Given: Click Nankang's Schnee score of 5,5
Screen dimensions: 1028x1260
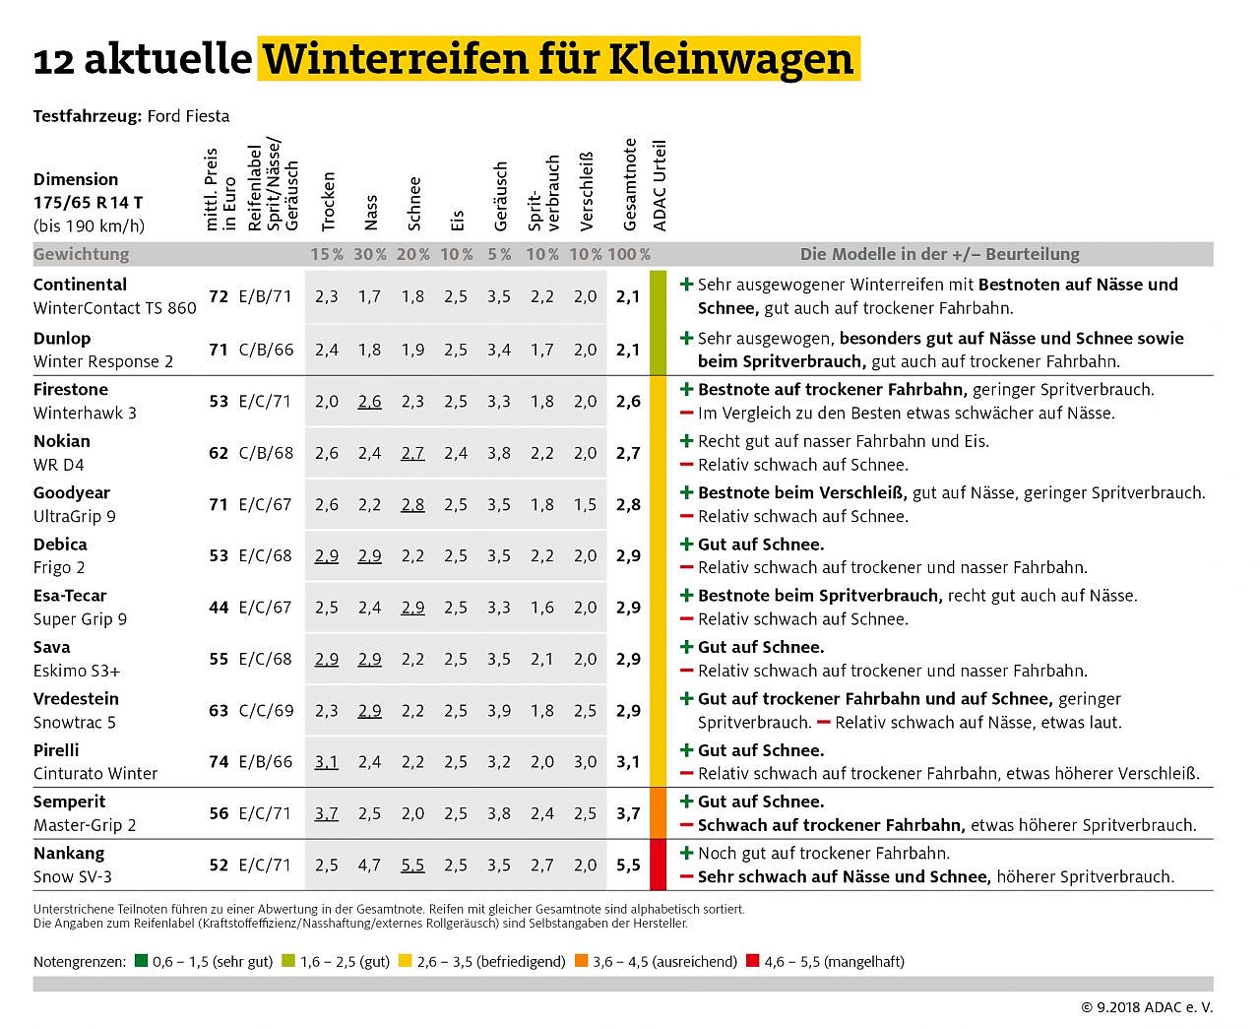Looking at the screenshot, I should [412, 866].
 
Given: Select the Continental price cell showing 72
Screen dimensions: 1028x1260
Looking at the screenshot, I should [219, 296].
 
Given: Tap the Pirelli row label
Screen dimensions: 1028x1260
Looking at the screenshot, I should [94, 761].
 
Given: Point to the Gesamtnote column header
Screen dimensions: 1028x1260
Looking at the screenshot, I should [630, 185].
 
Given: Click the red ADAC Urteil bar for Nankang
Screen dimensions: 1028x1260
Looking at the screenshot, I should [659, 866].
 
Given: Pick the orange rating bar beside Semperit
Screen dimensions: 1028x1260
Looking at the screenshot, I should [659, 813].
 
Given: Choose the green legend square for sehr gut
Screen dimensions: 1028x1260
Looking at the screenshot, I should [142, 961].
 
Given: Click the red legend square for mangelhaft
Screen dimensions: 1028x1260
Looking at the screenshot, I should [753, 961].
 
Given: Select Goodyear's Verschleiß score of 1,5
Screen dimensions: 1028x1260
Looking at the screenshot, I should [585, 504].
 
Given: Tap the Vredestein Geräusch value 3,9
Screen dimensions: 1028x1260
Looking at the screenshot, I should [498, 710].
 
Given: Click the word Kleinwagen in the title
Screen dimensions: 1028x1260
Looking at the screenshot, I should [730, 59].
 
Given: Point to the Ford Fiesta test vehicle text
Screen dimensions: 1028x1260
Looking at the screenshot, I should [188, 116].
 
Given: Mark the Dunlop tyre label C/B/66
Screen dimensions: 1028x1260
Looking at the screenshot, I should [266, 350].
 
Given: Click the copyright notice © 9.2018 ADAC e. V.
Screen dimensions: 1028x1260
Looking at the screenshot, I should [1147, 1007].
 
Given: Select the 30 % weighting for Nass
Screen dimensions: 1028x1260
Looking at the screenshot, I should [370, 254].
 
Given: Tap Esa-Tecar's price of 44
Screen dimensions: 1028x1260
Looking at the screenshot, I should [219, 608].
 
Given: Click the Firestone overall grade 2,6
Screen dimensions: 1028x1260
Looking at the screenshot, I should [628, 402].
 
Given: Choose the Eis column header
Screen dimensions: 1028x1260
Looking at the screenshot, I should [457, 221].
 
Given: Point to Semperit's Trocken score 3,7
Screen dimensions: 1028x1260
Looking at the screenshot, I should [326, 813].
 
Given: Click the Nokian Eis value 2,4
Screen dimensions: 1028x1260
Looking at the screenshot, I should [455, 453].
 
